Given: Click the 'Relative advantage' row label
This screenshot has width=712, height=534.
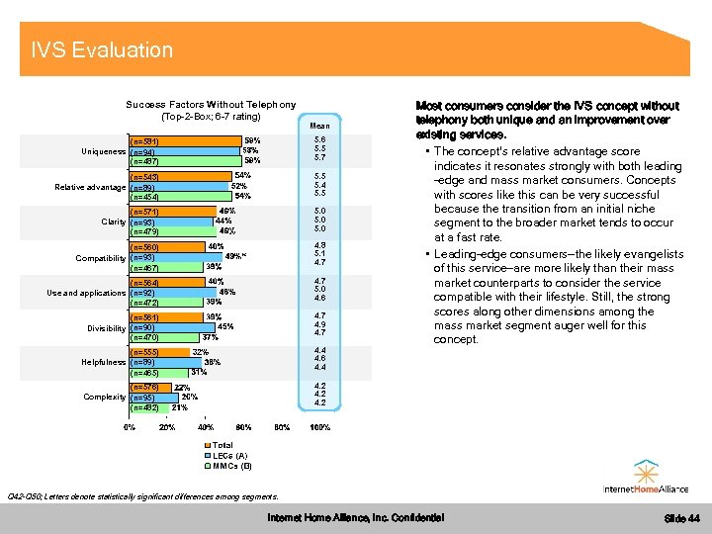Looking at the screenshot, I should point(90,187).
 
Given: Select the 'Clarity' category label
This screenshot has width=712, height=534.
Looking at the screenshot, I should point(113,222).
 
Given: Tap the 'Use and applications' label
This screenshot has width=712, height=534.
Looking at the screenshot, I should point(86,293).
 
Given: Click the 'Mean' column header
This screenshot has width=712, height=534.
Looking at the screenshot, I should point(319,126).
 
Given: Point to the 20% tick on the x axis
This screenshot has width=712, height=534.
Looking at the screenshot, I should point(168,427).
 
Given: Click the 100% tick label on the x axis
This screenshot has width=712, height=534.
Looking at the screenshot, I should point(319,427).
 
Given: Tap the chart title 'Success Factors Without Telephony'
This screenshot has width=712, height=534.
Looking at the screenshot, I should point(211,105).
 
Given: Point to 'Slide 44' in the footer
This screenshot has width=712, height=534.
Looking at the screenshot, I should point(681,518).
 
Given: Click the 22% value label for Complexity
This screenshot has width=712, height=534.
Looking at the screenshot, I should point(182,387).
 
